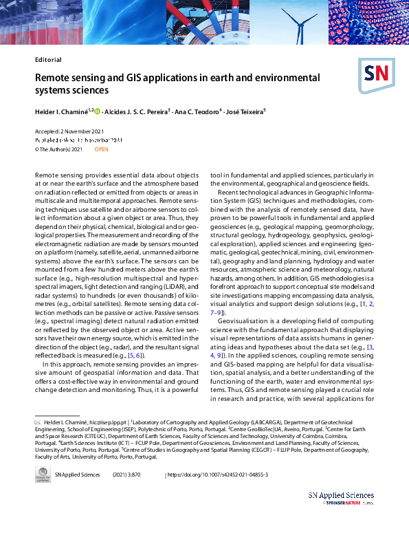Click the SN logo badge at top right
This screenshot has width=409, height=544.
tap(375, 74)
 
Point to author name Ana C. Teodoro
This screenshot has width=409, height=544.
tap(197, 111)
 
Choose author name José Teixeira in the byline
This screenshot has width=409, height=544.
tap(245, 111)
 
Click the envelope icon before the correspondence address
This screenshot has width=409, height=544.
tap(38, 421)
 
